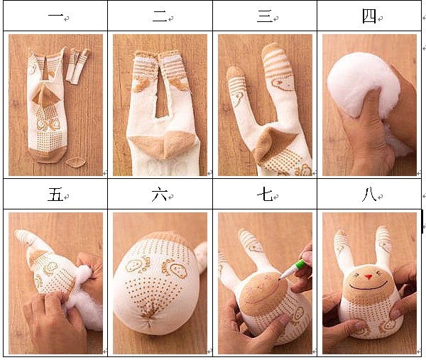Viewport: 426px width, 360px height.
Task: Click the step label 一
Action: (x=55, y=16)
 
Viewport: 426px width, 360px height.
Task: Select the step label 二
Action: (x=160, y=16)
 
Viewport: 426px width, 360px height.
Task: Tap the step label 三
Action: (x=265, y=16)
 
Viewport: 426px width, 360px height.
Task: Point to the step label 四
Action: (x=369, y=16)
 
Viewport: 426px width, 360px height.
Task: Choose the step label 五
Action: (x=55, y=195)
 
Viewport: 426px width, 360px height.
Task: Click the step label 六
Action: (x=160, y=195)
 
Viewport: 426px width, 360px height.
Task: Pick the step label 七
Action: (x=265, y=195)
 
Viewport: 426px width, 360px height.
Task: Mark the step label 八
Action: (x=369, y=195)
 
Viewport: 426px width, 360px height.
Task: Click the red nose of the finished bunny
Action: (x=368, y=277)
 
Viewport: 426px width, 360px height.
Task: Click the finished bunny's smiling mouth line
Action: (x=368, y=288)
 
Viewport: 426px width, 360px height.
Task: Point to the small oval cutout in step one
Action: (x=75, y=163)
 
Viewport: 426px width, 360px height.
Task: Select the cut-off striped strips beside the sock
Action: (x=77, y=66)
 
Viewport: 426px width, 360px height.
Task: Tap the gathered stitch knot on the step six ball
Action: (x=149, y=320)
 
